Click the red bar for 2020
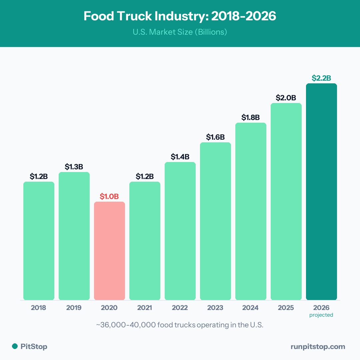click(109, 251)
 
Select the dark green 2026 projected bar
click(321, 192)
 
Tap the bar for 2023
click(215, 221)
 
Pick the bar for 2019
click(74, 236)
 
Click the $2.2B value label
click(321, 78)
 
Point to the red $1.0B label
click(109, 196)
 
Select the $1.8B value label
click(251, 117)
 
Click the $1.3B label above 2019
click(74, 167)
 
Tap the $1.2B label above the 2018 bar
click(39, 176)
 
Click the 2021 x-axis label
click(145, 308)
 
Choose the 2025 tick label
click(286, 308)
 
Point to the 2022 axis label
click(180, 308)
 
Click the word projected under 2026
click(321, 315)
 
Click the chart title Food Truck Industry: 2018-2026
click(180, 16)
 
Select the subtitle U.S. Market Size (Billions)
click(180, 32)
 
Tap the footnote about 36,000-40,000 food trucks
click(180, 325)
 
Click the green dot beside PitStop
click(15, 346)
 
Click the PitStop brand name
click(34, 347)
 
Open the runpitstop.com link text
click(318, 347)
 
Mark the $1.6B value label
click(215, 137)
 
